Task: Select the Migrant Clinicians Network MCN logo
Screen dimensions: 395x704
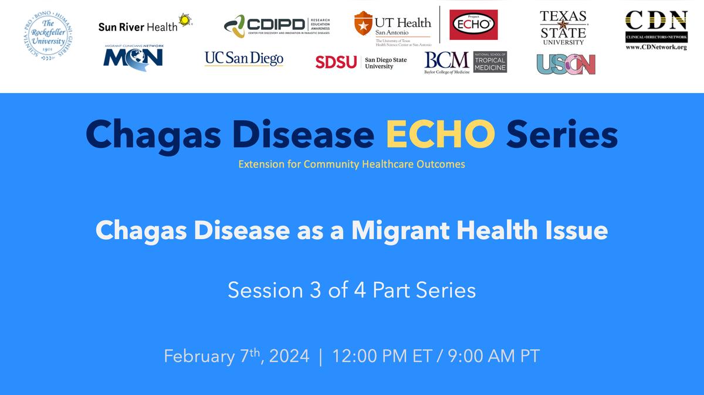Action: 133,57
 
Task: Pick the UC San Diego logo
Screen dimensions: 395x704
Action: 243,59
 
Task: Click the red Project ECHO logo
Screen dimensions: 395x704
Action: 473,25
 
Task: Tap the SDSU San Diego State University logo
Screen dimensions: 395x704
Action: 361,62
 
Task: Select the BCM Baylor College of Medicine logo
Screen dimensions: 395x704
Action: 465,62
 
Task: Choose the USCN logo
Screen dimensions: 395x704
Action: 566,64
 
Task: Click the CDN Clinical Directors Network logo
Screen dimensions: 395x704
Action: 655,30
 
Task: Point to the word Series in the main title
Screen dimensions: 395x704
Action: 562,135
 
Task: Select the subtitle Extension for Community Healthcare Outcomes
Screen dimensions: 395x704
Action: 351,164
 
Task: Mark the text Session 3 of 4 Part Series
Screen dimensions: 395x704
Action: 351,290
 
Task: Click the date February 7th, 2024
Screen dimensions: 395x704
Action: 236,356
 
